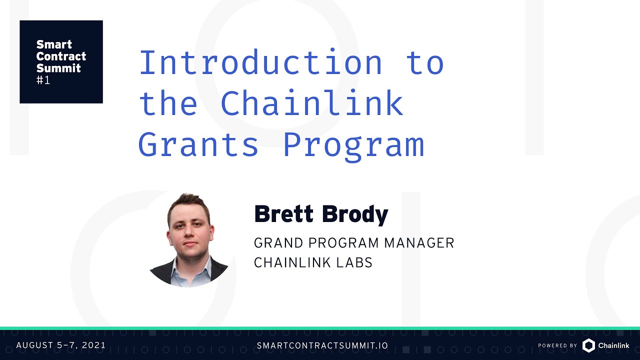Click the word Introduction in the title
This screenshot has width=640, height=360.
pos(260,63)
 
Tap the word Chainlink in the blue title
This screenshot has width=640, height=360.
pos(311,104)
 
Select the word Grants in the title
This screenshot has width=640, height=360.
pos(198,145)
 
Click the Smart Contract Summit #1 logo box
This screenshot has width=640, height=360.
pos(61,61)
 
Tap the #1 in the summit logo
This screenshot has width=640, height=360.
pos(43,80)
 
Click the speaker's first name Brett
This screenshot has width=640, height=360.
pos(284,214)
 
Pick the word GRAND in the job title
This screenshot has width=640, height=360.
pos(278,243)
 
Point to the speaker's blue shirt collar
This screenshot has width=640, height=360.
pos(192,270)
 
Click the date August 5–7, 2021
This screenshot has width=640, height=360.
pos(61,345)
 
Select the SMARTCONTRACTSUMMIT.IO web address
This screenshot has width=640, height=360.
pos(322,345)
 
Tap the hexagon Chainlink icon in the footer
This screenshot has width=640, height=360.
pos(588,345)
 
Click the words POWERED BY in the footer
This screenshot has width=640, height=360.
pos(557,345)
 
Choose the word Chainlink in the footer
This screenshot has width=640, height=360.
pos(613,345)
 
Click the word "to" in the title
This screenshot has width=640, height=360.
pos(425,63)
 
